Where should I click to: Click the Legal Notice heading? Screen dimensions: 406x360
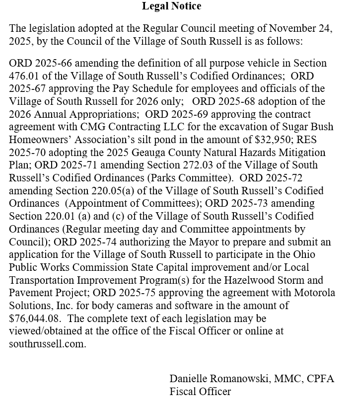tap(171, 6)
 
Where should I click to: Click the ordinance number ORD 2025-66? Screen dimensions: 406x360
tap(40, 63)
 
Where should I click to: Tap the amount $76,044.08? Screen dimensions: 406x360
tap(37, 318)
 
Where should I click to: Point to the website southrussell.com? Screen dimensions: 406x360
tap(48, 343)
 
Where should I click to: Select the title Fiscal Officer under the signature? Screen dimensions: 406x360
tap(200, 392)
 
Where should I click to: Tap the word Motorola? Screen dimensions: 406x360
tap(315, 292)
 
